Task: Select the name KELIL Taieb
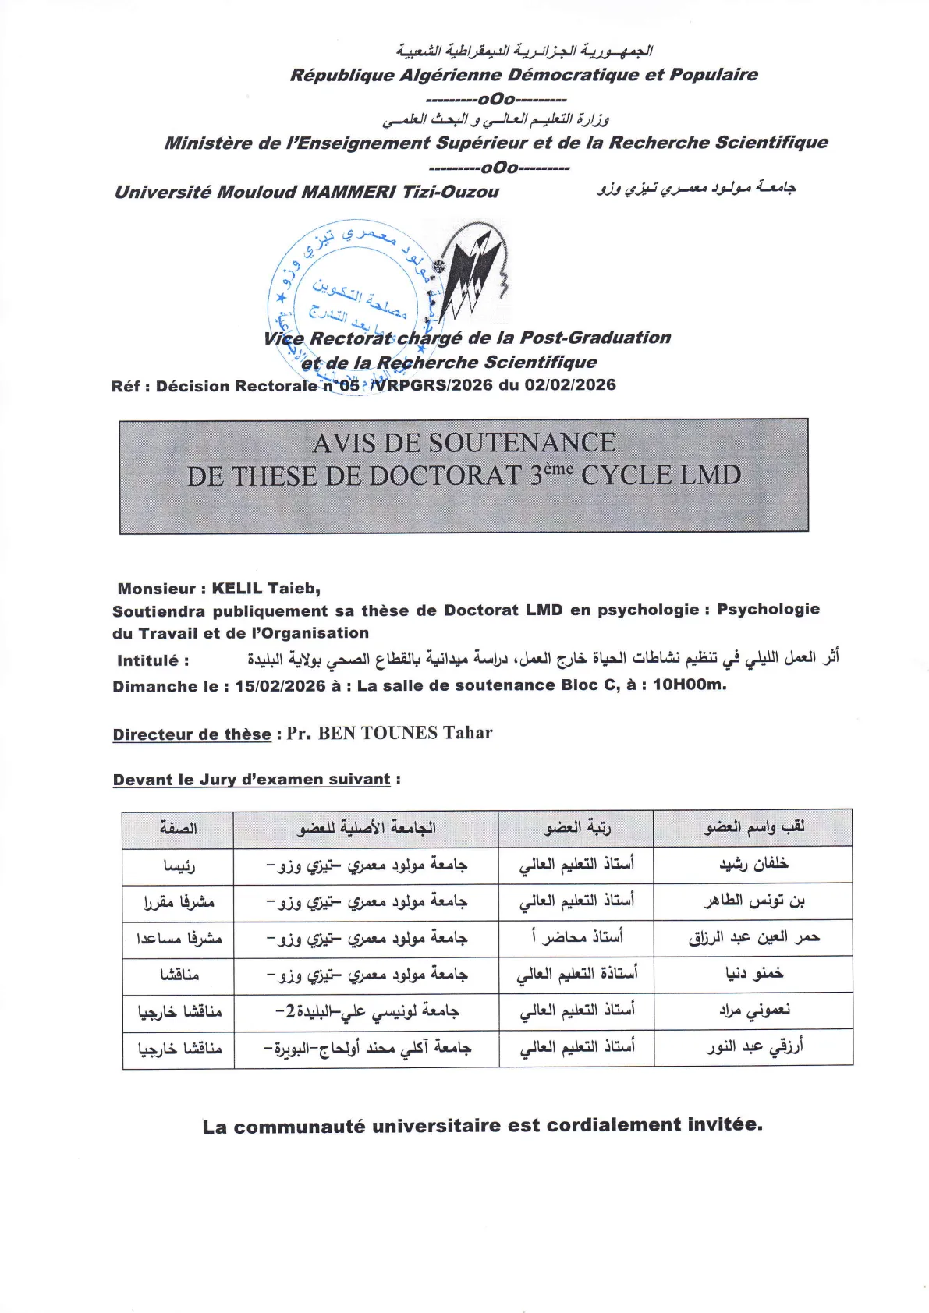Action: (x=266, y=589)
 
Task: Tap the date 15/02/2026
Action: (x=280, y=686)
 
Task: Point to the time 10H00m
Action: (x=689, y=685)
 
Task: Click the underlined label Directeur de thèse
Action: (x=192, y=734)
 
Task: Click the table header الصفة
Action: (x=178, y=828)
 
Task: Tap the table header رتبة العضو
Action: (x=576, y=828)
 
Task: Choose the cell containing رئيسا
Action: (x=179, y=865)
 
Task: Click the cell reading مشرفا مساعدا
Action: (x=179, y=939)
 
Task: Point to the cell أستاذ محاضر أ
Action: (x=576, y=937)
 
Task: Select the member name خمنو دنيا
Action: (x=753, y=974)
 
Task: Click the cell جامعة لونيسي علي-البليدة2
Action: (x=367, y=1011)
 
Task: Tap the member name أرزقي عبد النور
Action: (x=754, y=1047)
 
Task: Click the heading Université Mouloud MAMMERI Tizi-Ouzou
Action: (x=307, y=192)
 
